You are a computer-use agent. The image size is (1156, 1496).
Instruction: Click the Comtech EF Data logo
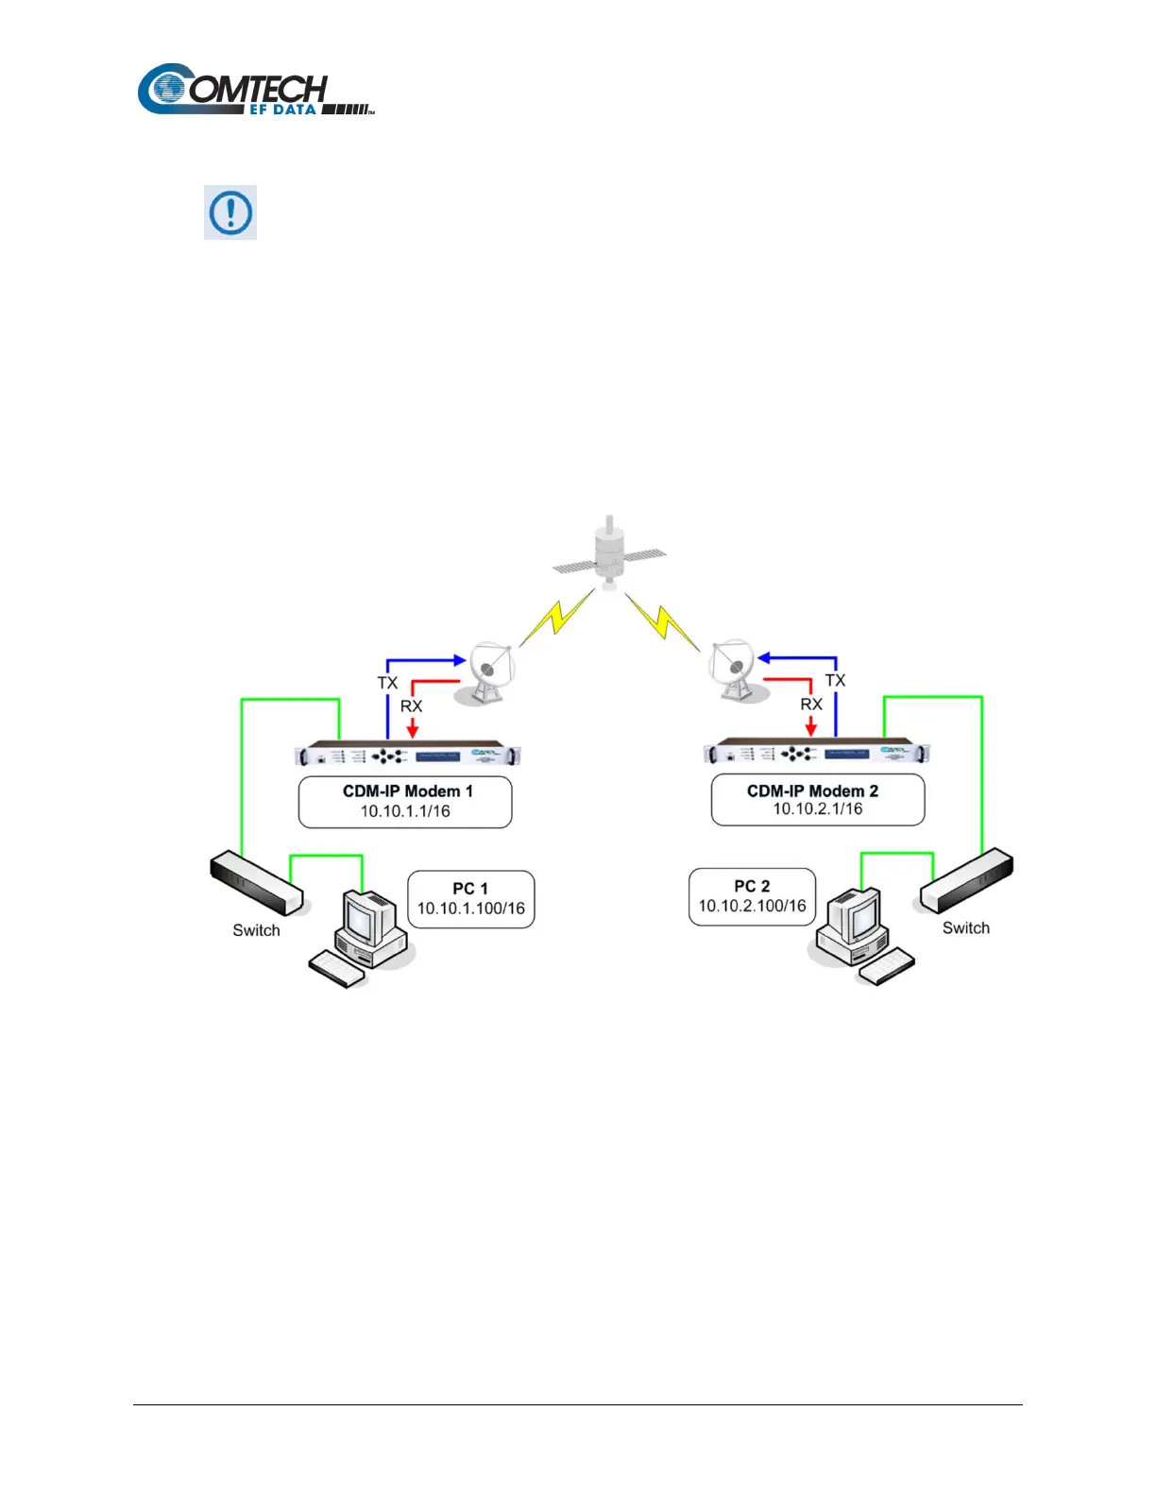tap(255, 91)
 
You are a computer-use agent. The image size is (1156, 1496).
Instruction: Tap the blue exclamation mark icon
tap(230, 212)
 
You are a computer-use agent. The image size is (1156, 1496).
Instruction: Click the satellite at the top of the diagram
tap(609, 557)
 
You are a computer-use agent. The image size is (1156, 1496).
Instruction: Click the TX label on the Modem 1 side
tap(387, 683)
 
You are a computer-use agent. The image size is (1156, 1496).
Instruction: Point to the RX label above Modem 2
tap(811, 705)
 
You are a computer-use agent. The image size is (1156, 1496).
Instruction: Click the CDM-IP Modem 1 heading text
tap(407, 791)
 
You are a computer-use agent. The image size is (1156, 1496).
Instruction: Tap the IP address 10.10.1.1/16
tap(405, 811)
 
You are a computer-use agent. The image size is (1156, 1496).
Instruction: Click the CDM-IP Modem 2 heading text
tap(812, 791)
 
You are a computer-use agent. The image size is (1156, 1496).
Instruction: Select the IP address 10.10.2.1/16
tap(818, 809)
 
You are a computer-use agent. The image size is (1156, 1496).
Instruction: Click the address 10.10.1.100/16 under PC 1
tap(470, 909)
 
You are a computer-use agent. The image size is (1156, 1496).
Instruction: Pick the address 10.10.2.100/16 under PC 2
tap(752, 906)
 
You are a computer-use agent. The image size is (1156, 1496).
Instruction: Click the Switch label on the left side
tap(256, 930)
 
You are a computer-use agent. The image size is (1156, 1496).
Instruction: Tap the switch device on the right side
tap(967, 879)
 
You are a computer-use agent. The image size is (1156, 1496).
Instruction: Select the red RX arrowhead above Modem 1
tap(412, 731)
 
